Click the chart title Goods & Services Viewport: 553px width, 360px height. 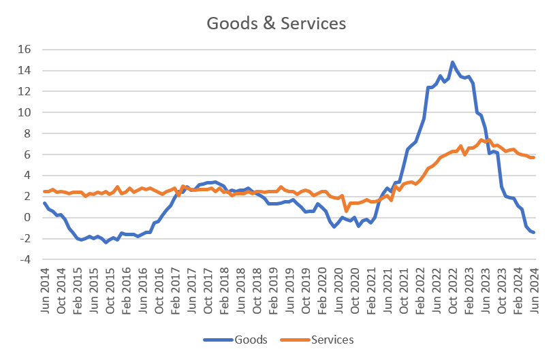tap(276, 23)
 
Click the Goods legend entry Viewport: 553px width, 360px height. tap(250, 339)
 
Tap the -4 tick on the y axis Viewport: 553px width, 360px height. tap(25, 259)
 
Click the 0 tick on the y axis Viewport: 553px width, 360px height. tap(28, 217)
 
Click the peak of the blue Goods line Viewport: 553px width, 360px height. tap(452, 62)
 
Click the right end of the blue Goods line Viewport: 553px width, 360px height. tap(535, 233)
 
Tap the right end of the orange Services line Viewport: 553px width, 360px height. tap(535, 157)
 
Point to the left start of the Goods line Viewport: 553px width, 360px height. tap(44, 203)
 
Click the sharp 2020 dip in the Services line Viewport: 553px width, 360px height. tap(346, 210)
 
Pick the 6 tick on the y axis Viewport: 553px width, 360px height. tap(28, 154)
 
